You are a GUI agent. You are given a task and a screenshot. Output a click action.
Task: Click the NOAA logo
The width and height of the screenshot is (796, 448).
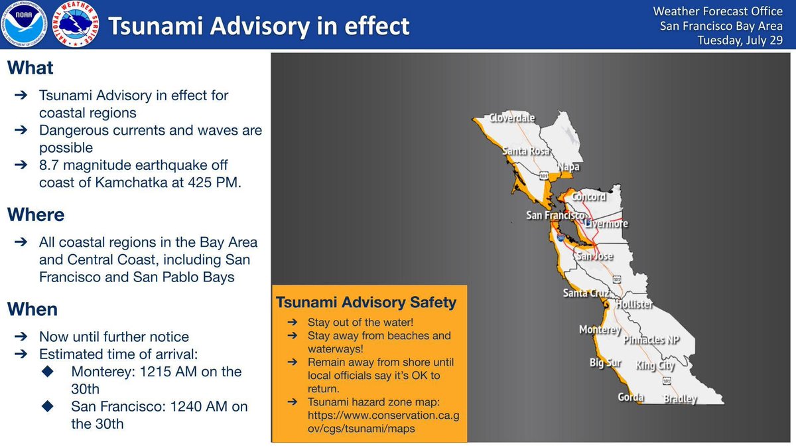pyautogui.click(x=24, y=25)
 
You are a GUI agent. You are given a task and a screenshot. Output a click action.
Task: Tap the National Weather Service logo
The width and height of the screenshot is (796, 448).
pyautogui.click(x=74, y=25)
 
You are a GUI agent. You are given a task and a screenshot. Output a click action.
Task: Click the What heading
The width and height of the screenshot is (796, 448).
pyautogui.click(x=31, y=68)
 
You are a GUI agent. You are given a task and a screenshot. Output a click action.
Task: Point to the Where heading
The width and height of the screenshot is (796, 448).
pyautogui.click(x=36, y=215)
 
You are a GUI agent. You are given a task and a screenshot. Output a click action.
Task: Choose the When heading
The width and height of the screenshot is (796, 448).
pyautogui.click(x=33, y=309)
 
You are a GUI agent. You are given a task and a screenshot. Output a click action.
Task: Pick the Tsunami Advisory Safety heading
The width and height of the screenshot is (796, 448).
pyautogui.click(x=365, y=303)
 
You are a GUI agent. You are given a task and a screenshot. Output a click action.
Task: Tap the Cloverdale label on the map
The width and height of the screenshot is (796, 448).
pyautogui.click(x=512, y=118)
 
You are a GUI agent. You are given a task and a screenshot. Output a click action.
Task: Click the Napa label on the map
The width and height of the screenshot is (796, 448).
pyautogui.click(x=568, y=167)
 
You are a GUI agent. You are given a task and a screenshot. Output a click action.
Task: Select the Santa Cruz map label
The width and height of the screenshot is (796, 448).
pyautogui.click(x=586, y=293)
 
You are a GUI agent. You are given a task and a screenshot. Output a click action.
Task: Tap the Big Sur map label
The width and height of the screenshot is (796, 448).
pyautogui.click(x=605, y=363)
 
